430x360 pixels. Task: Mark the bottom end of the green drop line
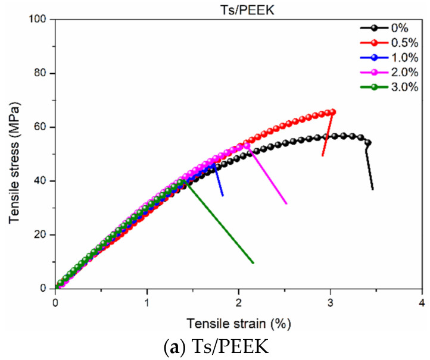[x=253, y=262]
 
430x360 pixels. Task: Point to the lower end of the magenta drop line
[x=286, y=204]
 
